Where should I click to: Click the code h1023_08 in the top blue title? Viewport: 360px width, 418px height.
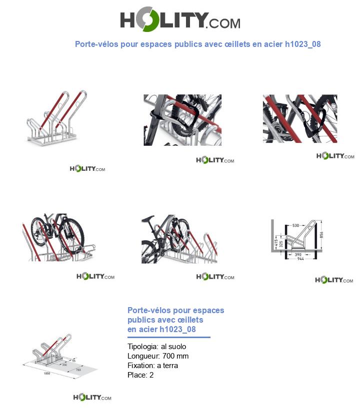[x=302, y=44]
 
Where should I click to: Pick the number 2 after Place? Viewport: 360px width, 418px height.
[x=151, y=375]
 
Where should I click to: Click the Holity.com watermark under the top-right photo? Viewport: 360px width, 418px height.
[x=335, y=156]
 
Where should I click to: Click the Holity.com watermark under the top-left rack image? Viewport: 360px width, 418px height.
[x=87, y=169]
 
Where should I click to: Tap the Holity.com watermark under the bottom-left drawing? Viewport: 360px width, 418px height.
[x=92, y=398]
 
